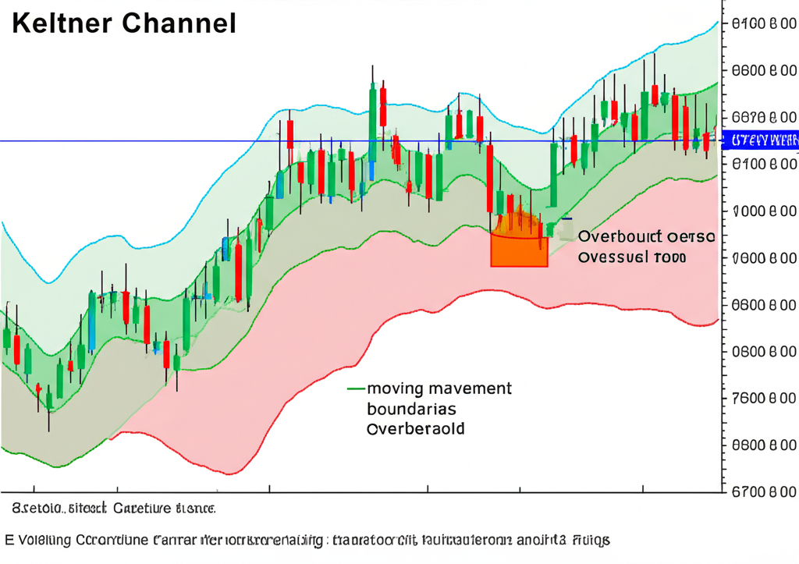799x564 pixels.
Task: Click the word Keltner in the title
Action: tap(63, 23)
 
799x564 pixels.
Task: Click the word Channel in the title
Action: tap(179, 23)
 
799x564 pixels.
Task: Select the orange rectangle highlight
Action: tap(519, 250)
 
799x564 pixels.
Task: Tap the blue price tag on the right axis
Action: tap(763, 140)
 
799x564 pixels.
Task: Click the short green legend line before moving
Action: tap(355, 388)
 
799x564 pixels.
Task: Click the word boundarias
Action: tap(411, 409)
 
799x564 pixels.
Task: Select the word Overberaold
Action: tap(415, 429)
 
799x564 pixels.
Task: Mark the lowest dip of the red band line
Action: tap(229, 473)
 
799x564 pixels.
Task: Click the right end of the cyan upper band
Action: tap(716, 23)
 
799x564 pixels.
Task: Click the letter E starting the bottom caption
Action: tap(9, 539)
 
